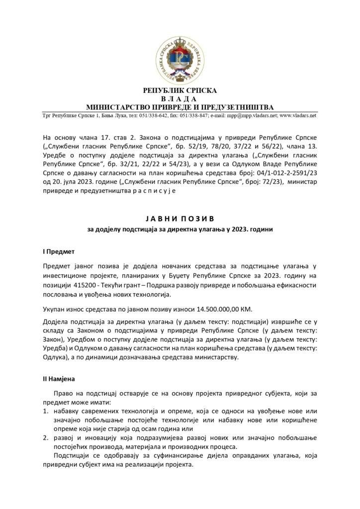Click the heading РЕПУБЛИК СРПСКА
click(180, 91)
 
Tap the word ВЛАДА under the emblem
click(180, 99)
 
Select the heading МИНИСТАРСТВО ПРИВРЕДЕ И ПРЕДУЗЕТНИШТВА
click(180, 107)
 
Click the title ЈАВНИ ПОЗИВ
click(180, 218)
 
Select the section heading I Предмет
click(58, 252)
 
